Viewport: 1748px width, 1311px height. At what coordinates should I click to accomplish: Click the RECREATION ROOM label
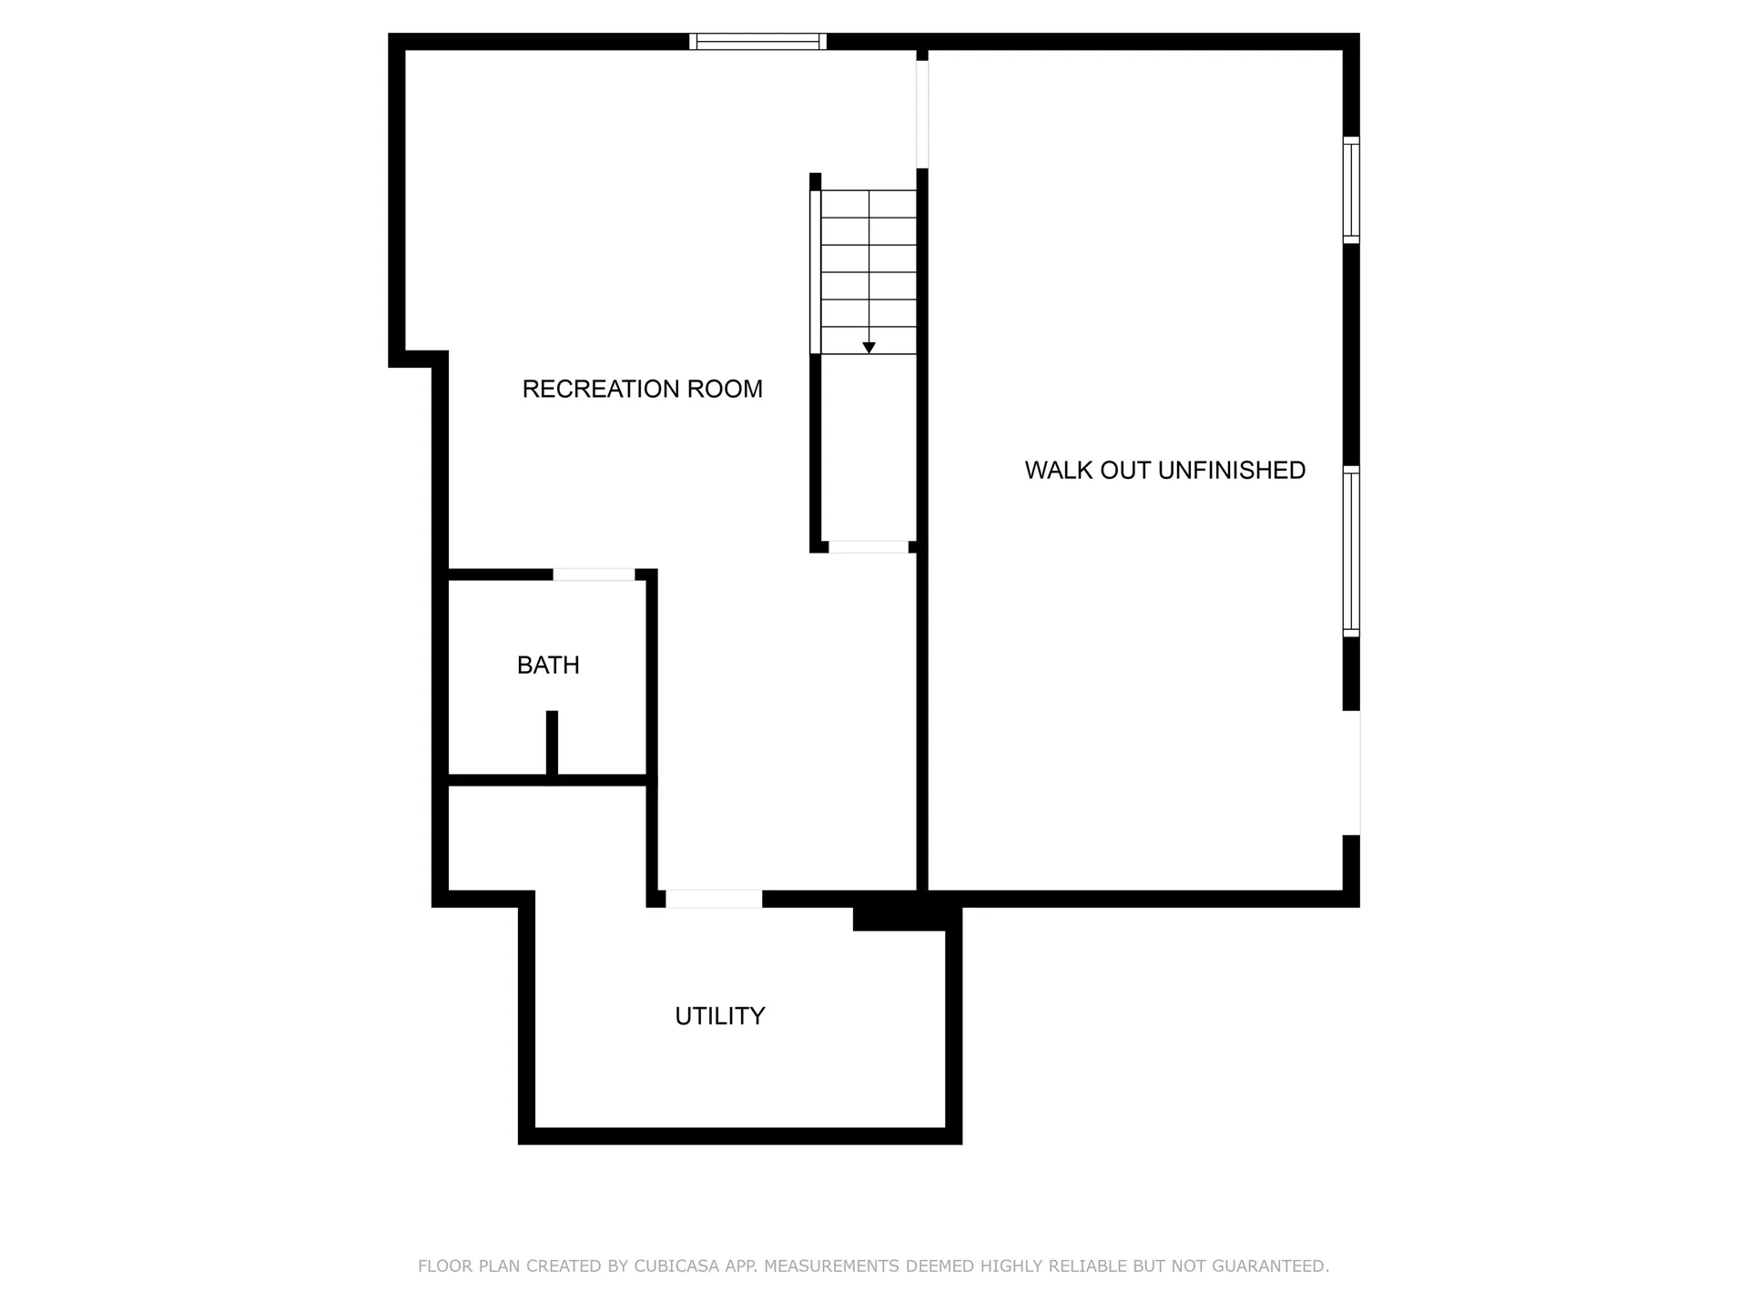pos(642,389)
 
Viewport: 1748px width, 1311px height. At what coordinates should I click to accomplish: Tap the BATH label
pos(548,666)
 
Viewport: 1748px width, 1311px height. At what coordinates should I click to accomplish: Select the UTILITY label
pos(719,1016)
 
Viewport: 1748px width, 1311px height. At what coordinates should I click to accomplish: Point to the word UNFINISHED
pos(1231,471)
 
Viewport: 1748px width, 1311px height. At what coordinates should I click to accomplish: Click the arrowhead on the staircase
pos(869,348)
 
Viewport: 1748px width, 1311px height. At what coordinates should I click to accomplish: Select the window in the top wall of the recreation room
pos(757,41)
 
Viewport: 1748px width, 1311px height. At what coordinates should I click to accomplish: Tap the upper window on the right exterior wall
pos(1351,190)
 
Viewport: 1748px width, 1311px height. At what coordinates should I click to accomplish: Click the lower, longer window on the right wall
pos(1351,552)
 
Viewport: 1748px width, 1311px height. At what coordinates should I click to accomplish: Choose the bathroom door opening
pos(594,574)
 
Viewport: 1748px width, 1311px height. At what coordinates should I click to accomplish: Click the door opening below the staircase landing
pos(869,547)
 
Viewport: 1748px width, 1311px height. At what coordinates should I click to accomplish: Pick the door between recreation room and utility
pos(714,899)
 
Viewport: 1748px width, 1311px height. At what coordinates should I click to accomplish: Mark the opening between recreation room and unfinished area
pos(921,114)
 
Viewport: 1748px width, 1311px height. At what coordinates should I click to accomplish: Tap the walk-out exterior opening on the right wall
pos(1353,772)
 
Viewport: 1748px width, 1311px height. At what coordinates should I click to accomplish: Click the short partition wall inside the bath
pos(552,742)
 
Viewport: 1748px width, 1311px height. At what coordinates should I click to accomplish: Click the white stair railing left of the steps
pos(815,271)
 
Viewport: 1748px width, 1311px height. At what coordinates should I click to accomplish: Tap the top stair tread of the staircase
pos(869,204)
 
